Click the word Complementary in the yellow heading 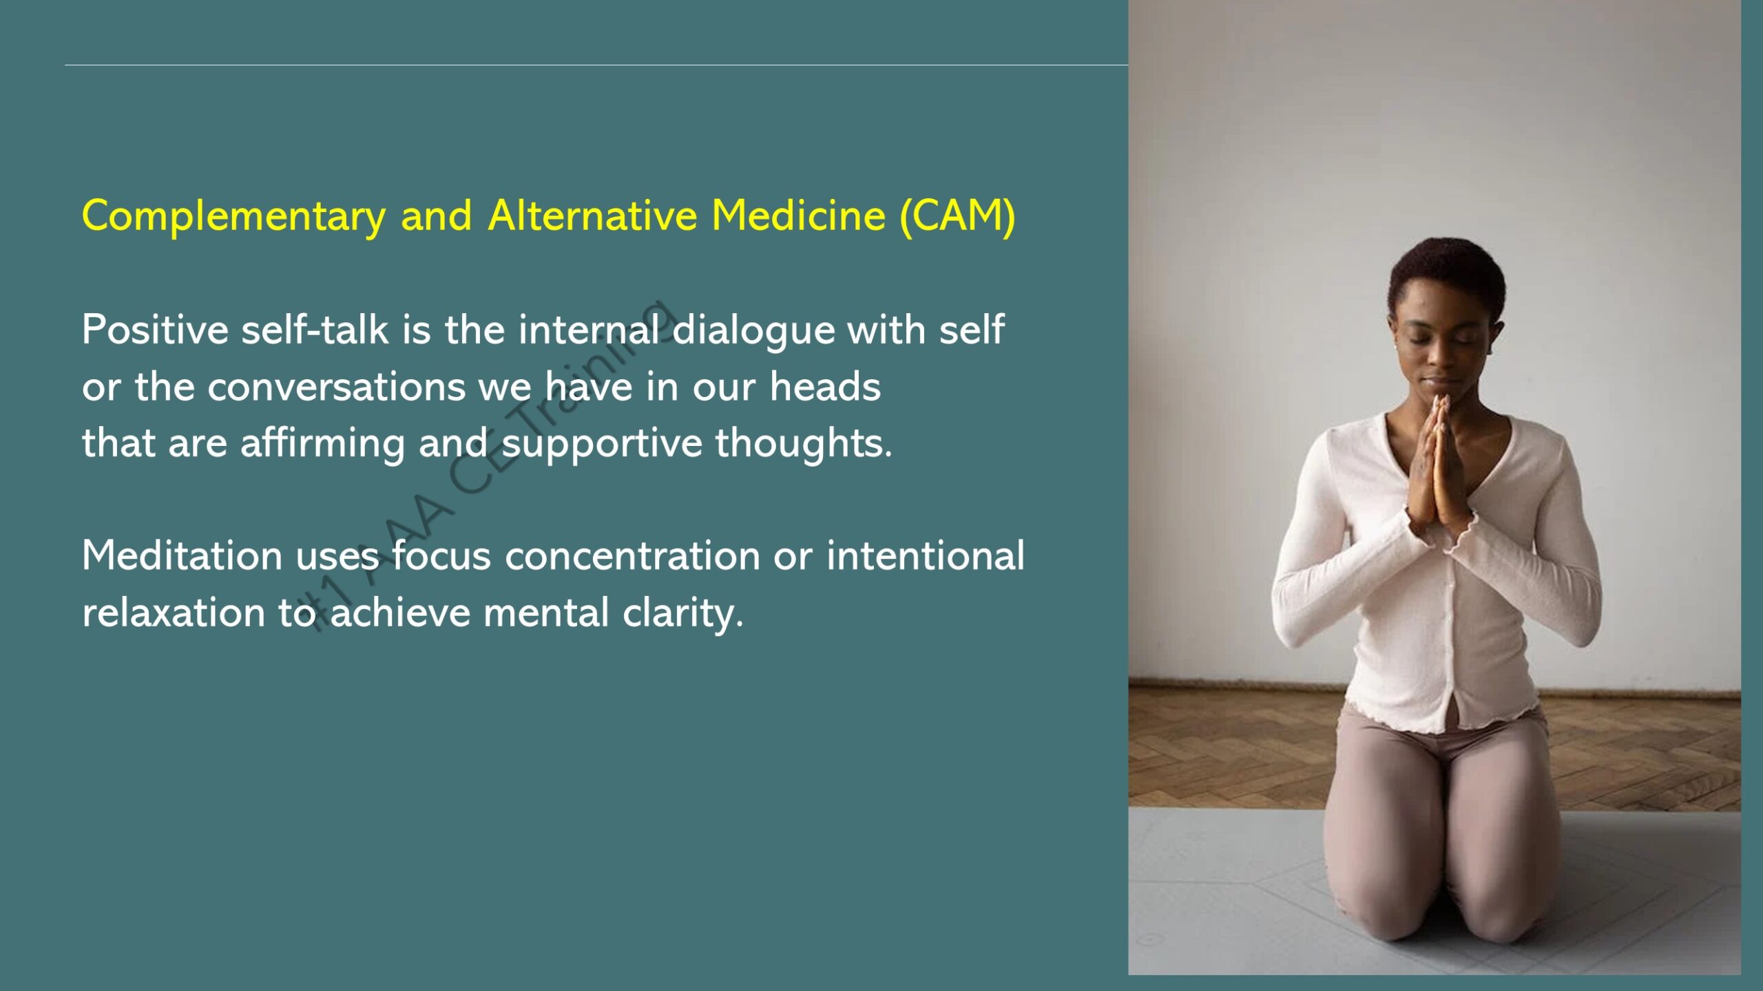point(233,217)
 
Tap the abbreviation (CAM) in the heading point(958,216)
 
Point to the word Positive point(155,329)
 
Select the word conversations point(337,387)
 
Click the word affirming point(322,444)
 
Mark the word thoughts point(804,443)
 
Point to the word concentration point(632,557)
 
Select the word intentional point(926,555)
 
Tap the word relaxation point(174,612)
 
